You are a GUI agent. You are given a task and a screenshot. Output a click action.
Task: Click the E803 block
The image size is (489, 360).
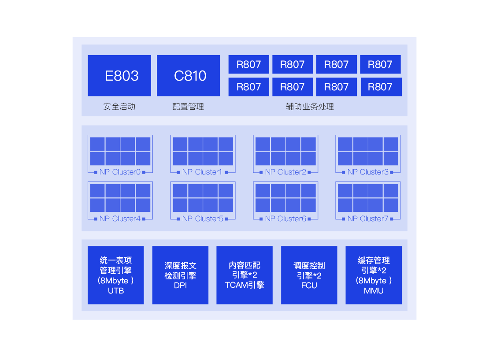click(119, 75)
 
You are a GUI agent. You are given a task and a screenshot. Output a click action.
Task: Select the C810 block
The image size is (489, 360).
click(189, 75)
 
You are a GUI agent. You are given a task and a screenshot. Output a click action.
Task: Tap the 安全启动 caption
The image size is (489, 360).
click(119, 107)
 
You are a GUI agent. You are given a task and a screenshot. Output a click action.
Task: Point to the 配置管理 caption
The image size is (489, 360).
click(188, 107)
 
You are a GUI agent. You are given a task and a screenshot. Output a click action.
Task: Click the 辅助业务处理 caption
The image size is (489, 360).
click(310, 107)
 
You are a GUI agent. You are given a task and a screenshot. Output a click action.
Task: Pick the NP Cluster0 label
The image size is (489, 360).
click(120, 172)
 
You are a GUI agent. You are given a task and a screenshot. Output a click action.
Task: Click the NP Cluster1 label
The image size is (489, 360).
click(202, 172)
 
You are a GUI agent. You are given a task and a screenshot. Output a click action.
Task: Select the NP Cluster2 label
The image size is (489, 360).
click(285, 172)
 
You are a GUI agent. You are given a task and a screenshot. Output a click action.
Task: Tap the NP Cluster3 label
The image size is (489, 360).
click(368, 172)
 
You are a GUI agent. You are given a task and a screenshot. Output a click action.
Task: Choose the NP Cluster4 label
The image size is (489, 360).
click(120, 219)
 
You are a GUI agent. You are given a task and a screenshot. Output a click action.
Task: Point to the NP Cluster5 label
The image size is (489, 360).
click(203, 219)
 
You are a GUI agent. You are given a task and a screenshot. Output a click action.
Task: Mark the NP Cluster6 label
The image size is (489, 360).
click(285, 219)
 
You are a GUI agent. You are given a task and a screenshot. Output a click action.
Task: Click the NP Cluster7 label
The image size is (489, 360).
click(368, 219)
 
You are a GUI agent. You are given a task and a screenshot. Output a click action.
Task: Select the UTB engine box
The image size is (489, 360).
click(116, 275)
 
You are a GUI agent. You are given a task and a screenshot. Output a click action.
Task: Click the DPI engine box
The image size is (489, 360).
click(180, 275)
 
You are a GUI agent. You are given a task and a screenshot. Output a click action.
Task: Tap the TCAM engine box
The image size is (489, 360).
click(244, 275)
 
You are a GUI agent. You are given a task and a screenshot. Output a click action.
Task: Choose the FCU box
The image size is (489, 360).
click(309, 275)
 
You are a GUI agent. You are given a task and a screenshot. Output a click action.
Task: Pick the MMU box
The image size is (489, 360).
click(374, 275)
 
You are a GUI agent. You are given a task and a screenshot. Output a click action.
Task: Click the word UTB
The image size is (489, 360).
click(116, 291)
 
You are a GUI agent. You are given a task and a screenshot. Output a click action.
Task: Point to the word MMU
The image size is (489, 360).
click(374, 291)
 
